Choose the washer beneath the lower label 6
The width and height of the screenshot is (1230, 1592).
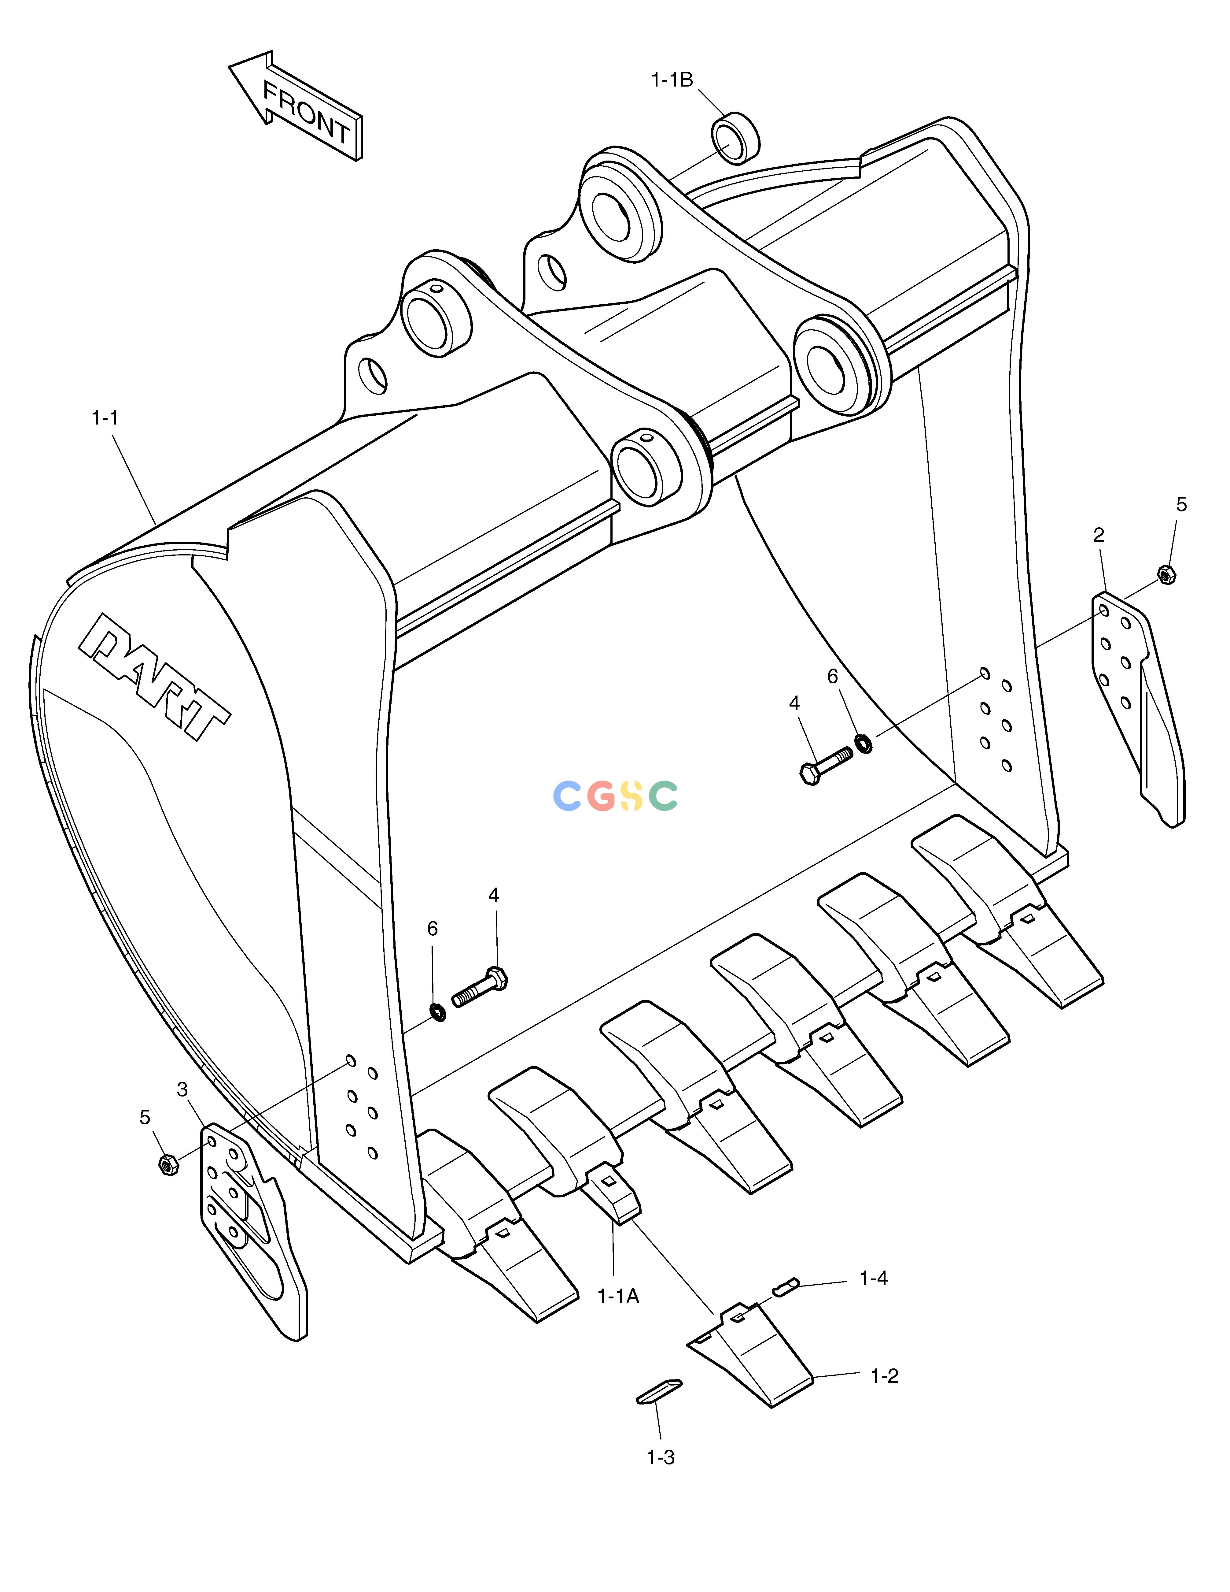[x=438, y=1012]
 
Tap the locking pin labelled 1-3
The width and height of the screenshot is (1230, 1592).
[x=659, y=1391]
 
